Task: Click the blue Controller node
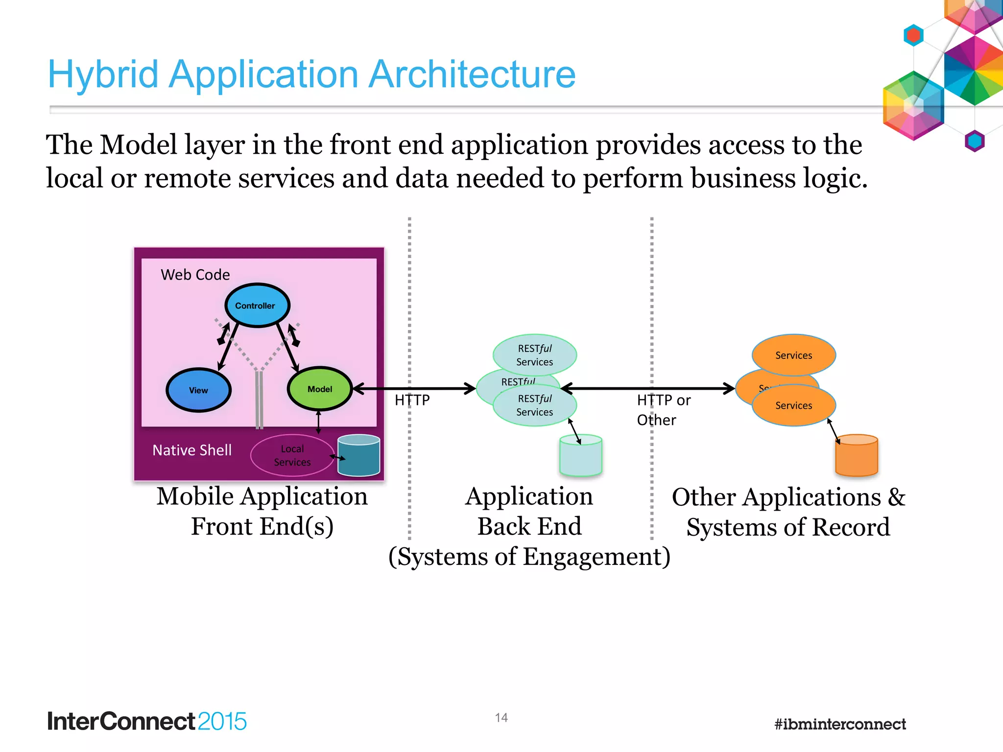[x=257, y=305]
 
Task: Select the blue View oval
[x=198, y=390]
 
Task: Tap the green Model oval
[x=319, y=389]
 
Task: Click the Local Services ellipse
[x=292, y=455]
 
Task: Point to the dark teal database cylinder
[x=358, y=456]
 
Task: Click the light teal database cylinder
[x=580, y=456]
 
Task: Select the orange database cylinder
[x=856, y=456]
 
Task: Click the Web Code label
[x=195, y=275]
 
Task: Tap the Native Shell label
[x=191, y=450]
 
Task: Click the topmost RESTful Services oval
[x=534, y=355]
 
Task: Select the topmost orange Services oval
[x=793, y=355]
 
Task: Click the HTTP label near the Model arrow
[x=412, y=400]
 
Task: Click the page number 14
[x=501, y=718]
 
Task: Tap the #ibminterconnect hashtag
[x=839, y=724]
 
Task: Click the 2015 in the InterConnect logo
[x=222, y=722]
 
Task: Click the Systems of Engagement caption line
[x=529, y=557]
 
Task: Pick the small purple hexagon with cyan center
[x=974, y=141]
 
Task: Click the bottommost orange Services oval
[x=793, y=406]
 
